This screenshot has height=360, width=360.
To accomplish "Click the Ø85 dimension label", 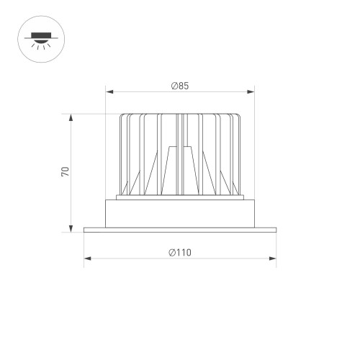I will click(x=180, y=86).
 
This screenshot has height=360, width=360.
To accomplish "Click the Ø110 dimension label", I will click(x=180, y=252).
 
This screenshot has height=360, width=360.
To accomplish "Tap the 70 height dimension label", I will click(x=65, y=172).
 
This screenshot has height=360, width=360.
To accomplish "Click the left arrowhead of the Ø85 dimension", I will click(x=109, y=91).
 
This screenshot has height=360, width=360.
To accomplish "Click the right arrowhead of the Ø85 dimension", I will click(x=252, y=91).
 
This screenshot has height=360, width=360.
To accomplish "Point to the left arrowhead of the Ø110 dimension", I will click(x=86, y=258).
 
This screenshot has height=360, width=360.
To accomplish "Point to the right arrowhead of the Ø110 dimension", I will click(x=274, y=258).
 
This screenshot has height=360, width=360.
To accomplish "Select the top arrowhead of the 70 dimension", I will click(x=71, y=116).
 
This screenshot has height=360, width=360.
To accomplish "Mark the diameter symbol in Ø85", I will click(x=174, y=86).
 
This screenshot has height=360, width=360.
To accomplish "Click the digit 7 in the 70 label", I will click(x=65, y=175).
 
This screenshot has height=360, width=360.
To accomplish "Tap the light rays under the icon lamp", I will click(x=37, y=47).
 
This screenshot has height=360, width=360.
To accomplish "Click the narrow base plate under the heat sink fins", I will click(x=180, y=197).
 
